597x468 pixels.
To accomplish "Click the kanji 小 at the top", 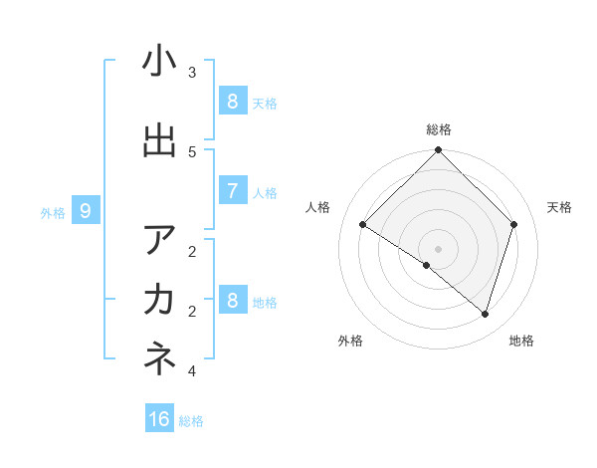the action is (159, 62).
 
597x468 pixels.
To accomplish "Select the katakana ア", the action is (159, 240).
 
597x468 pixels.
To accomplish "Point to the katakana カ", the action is (159, 300).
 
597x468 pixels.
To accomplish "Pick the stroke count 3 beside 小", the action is (192, 73).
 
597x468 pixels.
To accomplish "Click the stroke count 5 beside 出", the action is (192, 151).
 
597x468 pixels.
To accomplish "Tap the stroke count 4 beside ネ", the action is (192, 371).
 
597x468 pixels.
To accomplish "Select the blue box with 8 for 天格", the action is (232, 101).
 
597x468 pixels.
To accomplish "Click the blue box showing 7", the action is (232, 191).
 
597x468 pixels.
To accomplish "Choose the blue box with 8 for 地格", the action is (232, 300).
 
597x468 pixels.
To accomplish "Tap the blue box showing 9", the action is (86, 210).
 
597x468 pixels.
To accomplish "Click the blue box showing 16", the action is (159, 419).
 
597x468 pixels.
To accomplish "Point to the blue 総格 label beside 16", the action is (191, 421).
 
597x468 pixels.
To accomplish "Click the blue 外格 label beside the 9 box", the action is (53, 212).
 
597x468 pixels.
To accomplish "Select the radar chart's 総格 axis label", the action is (439, 129).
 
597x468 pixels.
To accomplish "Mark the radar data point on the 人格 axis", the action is (363, 225).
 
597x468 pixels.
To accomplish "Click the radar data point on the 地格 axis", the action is (485, 314).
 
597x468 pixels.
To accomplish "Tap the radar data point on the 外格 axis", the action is (427, 266).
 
